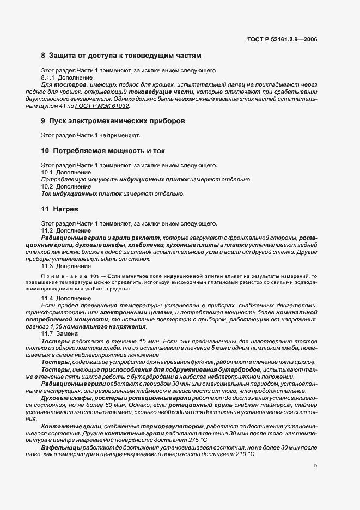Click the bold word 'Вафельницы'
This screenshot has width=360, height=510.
coord(62,446)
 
